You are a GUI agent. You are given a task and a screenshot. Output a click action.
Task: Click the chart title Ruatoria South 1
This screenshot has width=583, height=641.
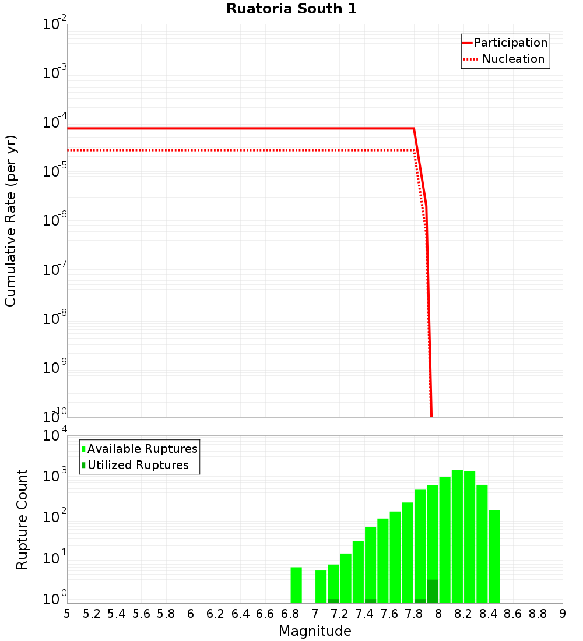[x=291, y=9]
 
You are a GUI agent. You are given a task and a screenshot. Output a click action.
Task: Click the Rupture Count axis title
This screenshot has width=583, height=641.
[x=22, y=519]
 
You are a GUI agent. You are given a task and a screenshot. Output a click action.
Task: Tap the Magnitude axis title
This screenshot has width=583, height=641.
[x=315, y=631]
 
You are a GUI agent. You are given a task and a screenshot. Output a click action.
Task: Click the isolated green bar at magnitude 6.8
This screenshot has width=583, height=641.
[x=296, y=585]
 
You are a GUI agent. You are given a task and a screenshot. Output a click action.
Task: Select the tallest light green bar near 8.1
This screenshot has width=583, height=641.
[x=457, y=536]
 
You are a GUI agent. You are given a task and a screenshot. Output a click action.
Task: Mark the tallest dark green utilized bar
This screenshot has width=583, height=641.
[x=432, y=591]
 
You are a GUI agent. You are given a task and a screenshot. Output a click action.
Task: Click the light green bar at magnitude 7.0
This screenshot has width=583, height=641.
[x=321, y=587]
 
